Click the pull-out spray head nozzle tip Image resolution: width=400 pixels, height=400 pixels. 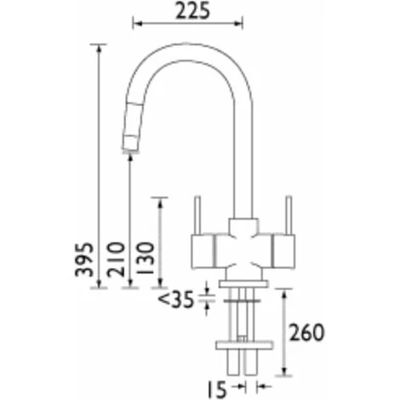(x=129, y=151)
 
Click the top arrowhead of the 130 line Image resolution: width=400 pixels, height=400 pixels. (x=158, y=201)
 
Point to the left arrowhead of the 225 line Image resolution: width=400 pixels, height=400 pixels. (x=136, y=24)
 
